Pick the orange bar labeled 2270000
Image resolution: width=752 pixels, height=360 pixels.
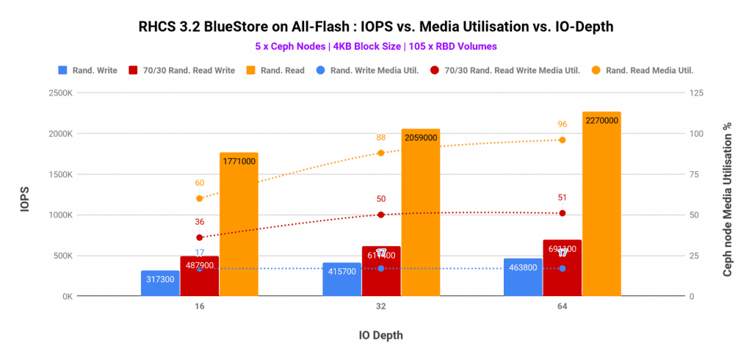point(601,206)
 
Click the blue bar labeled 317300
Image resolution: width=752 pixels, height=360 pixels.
point(160,284)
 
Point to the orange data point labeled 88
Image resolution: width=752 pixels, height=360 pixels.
point(380,153)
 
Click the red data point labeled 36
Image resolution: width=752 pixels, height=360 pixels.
point(199,237)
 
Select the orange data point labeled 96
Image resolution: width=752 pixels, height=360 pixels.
point(562,140)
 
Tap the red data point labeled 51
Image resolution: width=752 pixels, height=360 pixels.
point(562,213)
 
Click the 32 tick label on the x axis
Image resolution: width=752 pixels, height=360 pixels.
point(380,309)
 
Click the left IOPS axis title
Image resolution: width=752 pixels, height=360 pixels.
point(24,195)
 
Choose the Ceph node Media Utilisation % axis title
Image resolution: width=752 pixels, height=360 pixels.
point(728,195)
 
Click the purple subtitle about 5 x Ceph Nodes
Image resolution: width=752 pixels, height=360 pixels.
point(375,46)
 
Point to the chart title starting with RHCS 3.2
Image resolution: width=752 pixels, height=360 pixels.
point(375,27)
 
